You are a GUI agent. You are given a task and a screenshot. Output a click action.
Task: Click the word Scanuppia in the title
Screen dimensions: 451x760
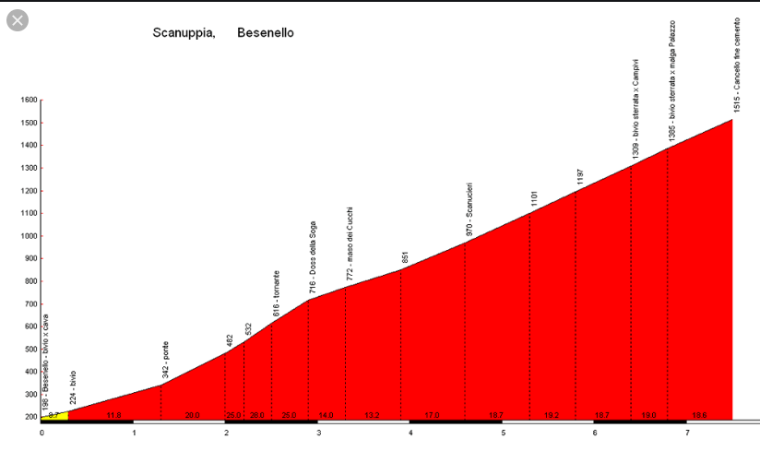point(184,33)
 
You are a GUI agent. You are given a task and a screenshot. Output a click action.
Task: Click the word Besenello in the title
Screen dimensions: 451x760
point(266,33)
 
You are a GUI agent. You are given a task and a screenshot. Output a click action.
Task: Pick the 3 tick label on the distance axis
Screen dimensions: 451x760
point(318,433)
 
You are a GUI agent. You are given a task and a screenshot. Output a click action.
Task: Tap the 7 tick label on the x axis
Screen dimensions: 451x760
point(687,433)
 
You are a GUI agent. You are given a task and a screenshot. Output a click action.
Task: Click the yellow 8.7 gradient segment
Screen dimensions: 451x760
point(54,416)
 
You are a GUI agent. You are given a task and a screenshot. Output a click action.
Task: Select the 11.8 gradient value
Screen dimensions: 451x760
point(114,416)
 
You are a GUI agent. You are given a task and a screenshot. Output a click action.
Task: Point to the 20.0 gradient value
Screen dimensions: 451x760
point(192,416)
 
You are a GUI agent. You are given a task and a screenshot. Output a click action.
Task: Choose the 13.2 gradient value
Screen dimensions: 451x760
point(372,416)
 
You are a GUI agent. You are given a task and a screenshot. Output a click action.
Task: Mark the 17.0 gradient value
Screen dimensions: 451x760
point(432,416)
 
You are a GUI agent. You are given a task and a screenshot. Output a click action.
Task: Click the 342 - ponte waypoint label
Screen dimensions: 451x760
point(165,361)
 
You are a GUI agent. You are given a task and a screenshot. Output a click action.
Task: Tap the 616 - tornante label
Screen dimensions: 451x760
point(276,295)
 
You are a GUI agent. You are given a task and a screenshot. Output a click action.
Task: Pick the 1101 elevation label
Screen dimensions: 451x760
point(534,199)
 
